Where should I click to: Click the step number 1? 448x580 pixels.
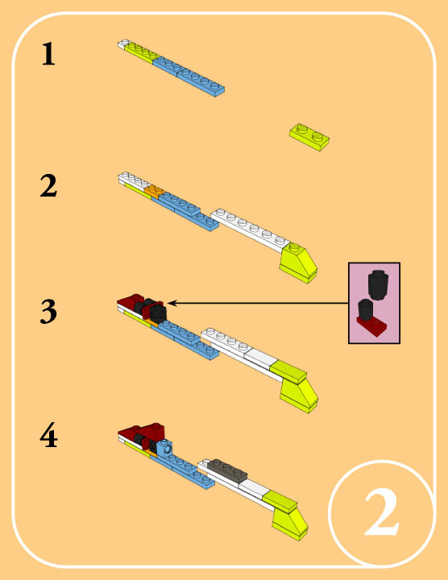pos(48,54)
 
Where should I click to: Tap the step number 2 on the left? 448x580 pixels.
pos(48,185)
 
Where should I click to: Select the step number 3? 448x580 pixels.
pos(48,312)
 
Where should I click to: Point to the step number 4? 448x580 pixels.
pos(48,436)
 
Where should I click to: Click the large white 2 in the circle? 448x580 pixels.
pos(382,512)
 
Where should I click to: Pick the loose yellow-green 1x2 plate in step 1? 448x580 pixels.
pos(309,137)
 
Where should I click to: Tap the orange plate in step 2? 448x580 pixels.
pos(155,192)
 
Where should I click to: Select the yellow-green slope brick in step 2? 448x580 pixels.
pos(299,263)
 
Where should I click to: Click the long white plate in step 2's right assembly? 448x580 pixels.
pos(250,230)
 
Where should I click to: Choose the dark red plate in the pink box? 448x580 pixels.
pos(372,327)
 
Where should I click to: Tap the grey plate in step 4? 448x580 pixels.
pos(227,470)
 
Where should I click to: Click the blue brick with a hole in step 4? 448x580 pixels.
pos(165,449)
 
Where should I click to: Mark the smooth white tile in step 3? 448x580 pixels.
pos(260,357)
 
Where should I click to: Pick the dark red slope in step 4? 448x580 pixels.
pos(151,430)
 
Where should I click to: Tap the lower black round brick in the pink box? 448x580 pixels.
pos(365,310)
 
